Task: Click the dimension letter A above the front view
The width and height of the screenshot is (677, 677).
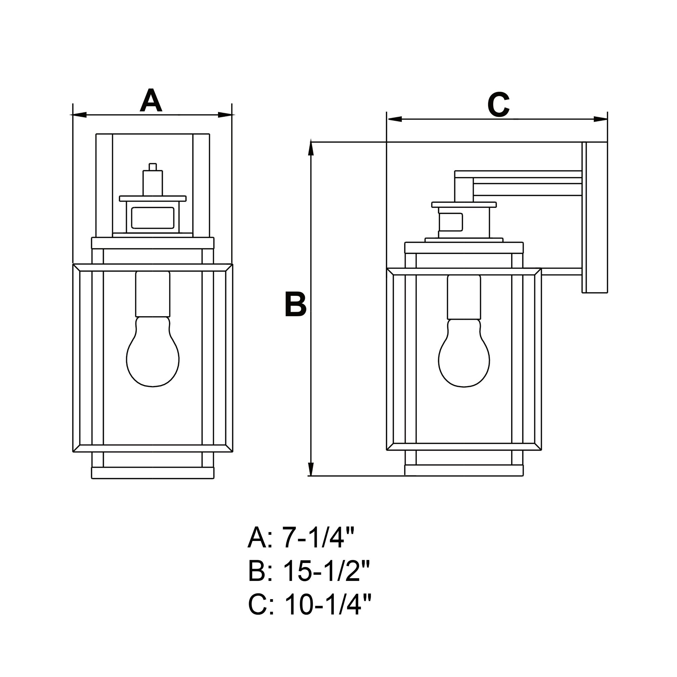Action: pos(151,100)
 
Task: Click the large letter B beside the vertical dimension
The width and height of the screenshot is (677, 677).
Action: pos(296,304)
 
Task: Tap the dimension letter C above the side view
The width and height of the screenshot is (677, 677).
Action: pos(498,105)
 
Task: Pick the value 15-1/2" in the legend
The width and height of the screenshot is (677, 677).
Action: pos(326,571)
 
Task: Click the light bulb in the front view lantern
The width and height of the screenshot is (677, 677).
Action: pos(153,351)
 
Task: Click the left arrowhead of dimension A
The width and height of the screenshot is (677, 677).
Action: pos(79,115)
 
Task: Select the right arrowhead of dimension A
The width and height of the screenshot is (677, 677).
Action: pos(226,115)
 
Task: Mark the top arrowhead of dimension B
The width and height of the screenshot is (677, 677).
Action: pos(310,147)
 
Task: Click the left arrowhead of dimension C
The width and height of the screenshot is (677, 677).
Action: pos(394,119)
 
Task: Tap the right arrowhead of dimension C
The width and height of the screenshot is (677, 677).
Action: pos(600,119)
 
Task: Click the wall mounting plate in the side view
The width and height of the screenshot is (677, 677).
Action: pos(595,217)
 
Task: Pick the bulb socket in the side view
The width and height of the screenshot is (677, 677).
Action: pos(464,297)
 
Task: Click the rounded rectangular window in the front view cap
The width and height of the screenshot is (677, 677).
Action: pos(153,218)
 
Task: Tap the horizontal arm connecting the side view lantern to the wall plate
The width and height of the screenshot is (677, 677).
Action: pos(519,183)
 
